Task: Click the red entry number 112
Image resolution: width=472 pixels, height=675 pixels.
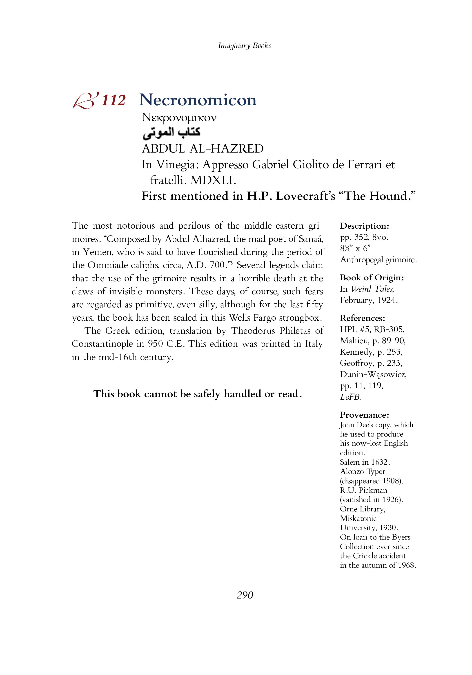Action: pyautogui.click(x=114, y=100)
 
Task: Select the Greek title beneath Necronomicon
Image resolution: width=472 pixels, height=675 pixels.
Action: pyautogui.click(x=179, y=118)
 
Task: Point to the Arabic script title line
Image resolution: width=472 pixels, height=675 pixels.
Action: pyautogui.click(x=171, y=133)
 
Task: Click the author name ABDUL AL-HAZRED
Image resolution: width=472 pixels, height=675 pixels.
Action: pyautogui.click(x=203, y=149)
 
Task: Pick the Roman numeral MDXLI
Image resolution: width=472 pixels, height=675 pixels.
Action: pyautogui.click(x=213, y=180)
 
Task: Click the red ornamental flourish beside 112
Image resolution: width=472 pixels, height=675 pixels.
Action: pyautogui.click(x=85, y=101)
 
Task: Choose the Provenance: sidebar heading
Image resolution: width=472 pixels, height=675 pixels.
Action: pyautogui.click(x=364, y=415)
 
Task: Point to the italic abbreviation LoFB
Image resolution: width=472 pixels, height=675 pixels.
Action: pyautogui.click(x=350, y=397)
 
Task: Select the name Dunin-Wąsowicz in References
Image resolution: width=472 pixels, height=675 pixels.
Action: pyautogui.click(x=373, y=375)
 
